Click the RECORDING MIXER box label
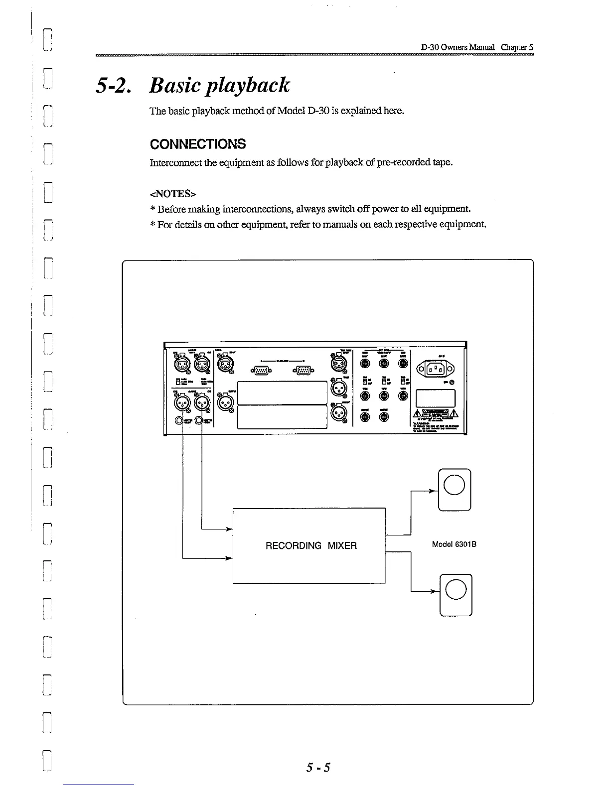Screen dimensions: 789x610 [x=311, y=545]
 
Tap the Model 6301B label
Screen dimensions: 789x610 [x=454, y=544]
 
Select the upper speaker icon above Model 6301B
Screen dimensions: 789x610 [x=454, y=490]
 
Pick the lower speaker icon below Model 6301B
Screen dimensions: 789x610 [x=456, y=595]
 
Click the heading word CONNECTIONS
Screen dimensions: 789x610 [x=198, y=144]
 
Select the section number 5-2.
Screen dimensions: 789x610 [x=115, y=86]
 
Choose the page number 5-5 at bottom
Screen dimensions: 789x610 [x=318, y=767]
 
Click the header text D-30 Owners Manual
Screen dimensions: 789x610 [x=457, y=47]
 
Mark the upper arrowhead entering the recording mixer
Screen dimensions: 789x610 [x=230, y=528]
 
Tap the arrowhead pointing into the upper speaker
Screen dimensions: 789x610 [x=434, y=491]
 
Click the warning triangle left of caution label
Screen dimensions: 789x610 [x=418, y=414]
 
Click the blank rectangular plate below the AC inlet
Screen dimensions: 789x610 [x=436, y=398]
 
